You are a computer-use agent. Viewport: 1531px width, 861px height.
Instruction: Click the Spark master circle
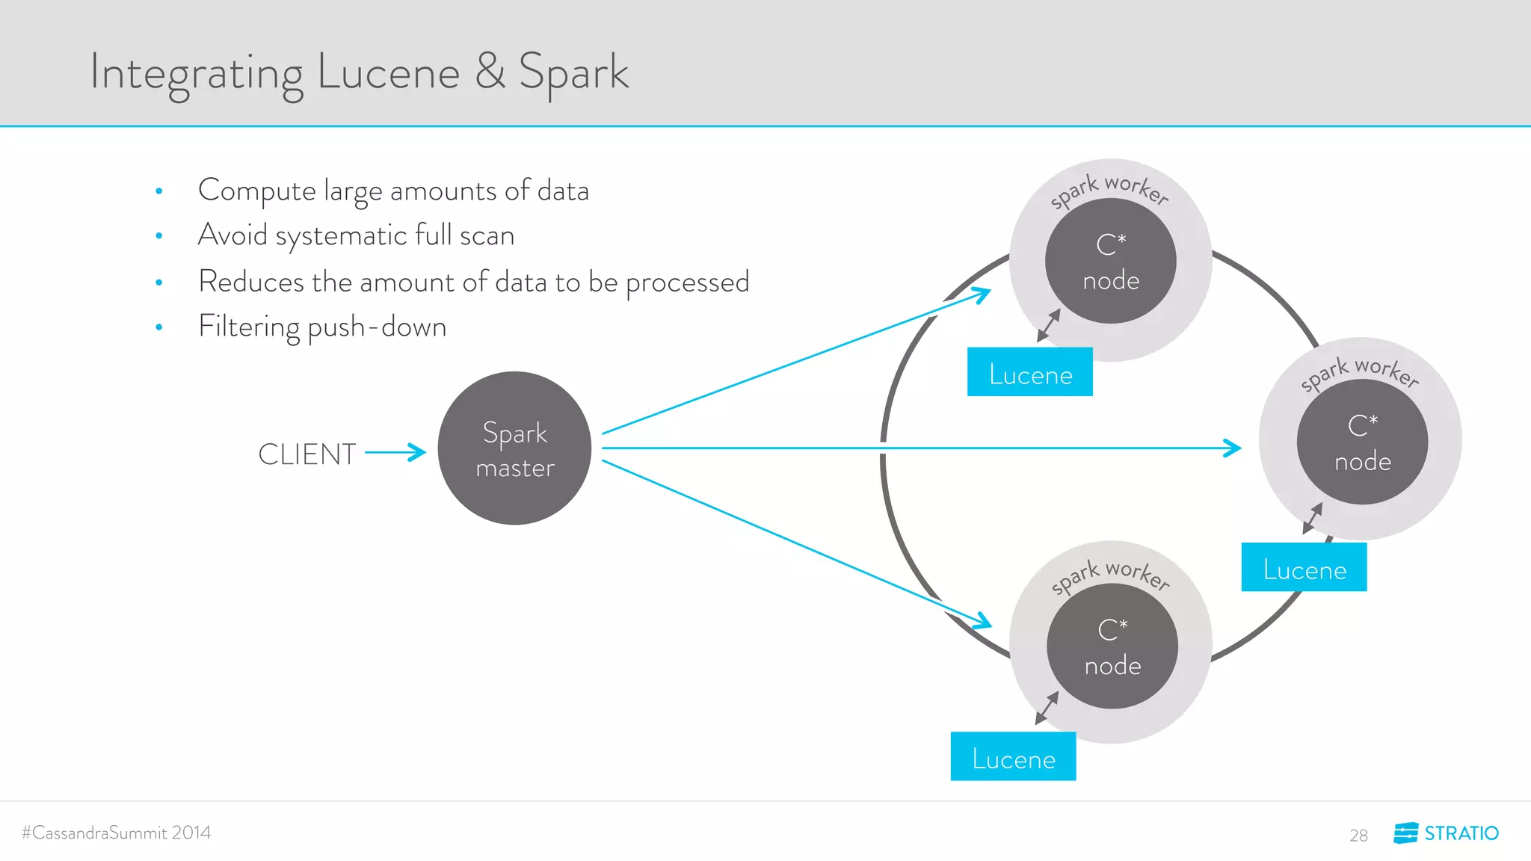click(514, 448)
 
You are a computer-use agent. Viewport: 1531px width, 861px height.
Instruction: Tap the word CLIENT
click(306, 454)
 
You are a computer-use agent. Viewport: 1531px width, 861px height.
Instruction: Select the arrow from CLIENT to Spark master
click(395, 452)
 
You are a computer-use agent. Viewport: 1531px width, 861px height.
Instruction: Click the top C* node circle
click(1111, 261)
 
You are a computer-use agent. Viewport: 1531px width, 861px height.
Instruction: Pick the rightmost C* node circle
click(1362, 442)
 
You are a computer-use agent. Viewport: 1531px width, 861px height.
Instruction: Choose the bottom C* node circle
click(1112, 646)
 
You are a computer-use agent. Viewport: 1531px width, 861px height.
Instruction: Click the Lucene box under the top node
click(1030, 372)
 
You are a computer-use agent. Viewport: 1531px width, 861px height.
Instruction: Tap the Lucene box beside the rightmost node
click(1304, 567)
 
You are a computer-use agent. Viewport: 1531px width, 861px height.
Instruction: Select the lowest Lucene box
click(1013, 756)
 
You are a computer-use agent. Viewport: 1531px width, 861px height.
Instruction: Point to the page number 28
click(1358, 836)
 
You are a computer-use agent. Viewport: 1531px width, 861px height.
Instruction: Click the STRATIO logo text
click(1461, 833)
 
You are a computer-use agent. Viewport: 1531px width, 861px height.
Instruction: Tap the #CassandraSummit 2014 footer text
click(117, 833)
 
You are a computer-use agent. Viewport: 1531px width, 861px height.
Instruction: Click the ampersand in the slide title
click(490, 72)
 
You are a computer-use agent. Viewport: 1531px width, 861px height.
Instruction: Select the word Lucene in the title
click(388, 73)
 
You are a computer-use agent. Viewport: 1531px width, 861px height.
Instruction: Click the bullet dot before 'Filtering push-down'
click(159, 327)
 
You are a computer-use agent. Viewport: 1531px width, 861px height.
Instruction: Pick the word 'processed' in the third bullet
click(687, 283)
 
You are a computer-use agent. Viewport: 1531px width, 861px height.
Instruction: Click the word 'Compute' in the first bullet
click(257, 191)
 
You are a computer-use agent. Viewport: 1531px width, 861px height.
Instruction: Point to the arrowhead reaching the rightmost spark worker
click(1233, 448)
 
